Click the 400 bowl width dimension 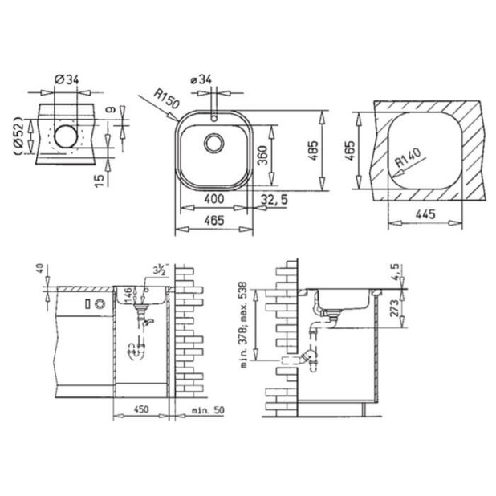[x=213, y=198]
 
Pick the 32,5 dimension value [x=274, y=198]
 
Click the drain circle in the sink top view [x=214, y=144]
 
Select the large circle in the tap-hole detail [x=66, y=136]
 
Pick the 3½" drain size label [x=158, y=271]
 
